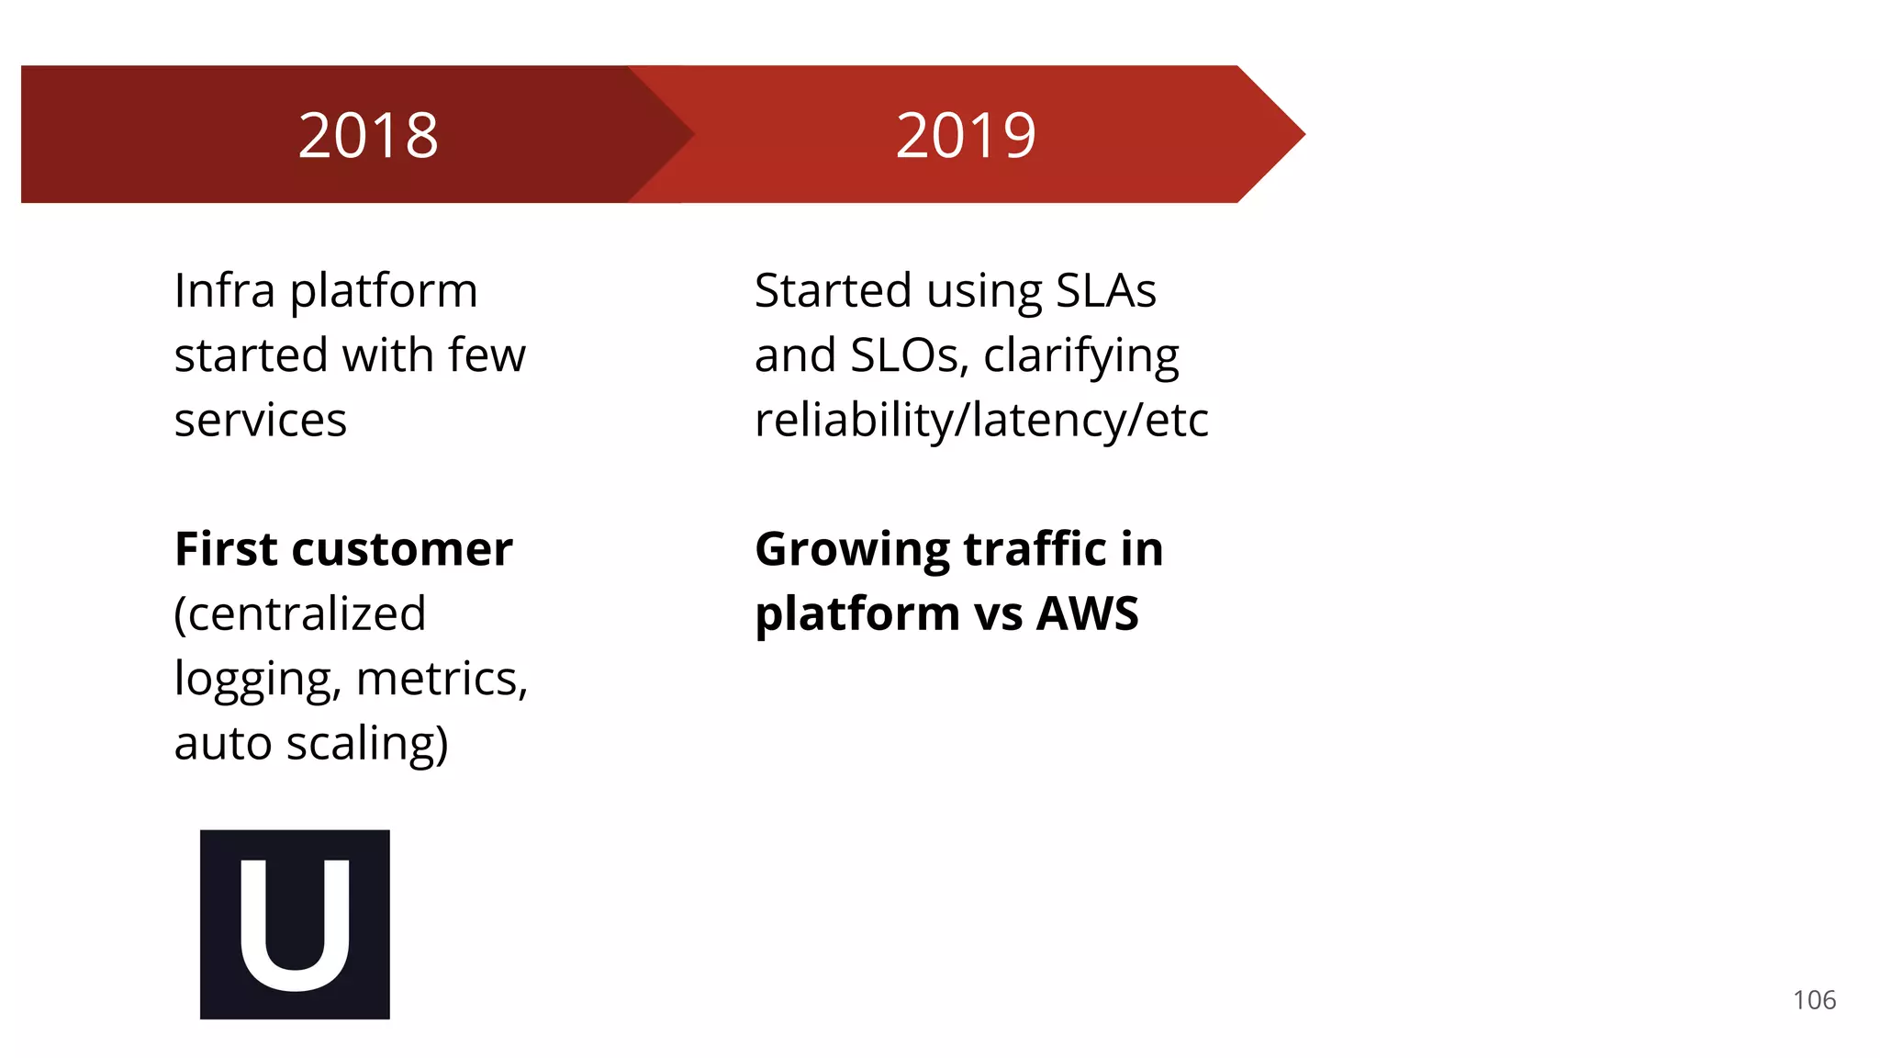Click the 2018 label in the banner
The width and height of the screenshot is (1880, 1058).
point(368,135)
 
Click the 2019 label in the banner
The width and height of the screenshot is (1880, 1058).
point(966,135)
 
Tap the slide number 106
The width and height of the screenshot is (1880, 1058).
point(1814,1000)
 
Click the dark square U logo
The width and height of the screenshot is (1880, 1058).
point(295,924)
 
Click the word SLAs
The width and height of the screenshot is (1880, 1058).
point(1105,290)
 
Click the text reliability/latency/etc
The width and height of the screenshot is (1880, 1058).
point(981,421)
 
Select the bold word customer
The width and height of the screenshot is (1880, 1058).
point(402,549)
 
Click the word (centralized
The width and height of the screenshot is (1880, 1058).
point(300,614)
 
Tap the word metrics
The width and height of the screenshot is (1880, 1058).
point(442,680)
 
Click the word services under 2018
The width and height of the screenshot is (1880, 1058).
point(261,421)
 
